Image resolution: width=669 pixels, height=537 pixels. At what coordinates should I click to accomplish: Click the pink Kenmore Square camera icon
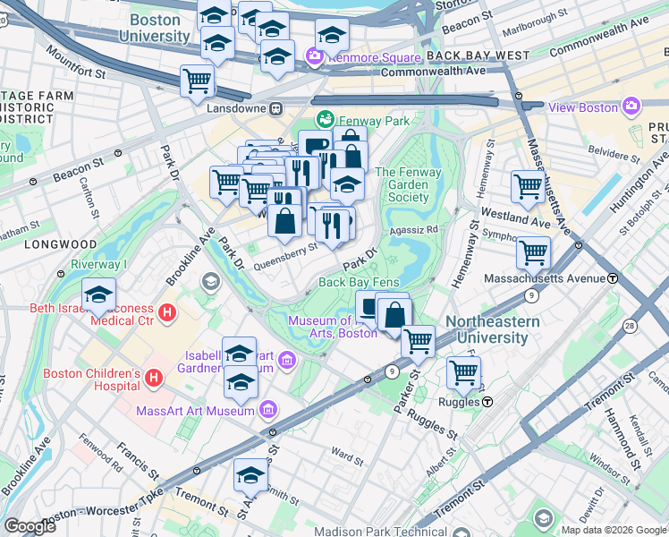pyautogui.click(x=314, y=56)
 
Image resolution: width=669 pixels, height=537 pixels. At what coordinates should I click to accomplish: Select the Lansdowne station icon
pyautogui.click(x=276, y=108)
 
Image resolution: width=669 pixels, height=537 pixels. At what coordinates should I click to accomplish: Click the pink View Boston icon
pyautogui.click(x=631, y=107)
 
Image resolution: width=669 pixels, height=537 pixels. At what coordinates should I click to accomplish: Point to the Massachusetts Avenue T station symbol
pyautogui.click(x=613, y=278)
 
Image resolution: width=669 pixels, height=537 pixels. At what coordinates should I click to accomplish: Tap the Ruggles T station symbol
pyautogui.click(x=487, y=402)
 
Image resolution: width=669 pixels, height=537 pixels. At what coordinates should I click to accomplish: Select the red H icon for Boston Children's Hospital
pyautogui.click(x=154, y=379)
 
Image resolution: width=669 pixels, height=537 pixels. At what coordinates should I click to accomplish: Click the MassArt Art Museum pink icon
pyautogui.click(x=267, y=411)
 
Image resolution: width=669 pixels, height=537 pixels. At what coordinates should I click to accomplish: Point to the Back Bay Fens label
pyautogui.click(x=358, y=282)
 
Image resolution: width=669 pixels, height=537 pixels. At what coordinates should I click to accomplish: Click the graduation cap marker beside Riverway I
pyautogui.click(x=98, y=294)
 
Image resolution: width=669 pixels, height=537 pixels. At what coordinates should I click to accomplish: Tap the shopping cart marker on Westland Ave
pyautogui.click(x=528, y=186)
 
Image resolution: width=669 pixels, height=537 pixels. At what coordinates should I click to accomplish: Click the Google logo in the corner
pyautogui.click(x=30, y=526)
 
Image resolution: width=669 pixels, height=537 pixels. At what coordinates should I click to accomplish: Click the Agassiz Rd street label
pyautogui.click(x=413, y=229)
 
